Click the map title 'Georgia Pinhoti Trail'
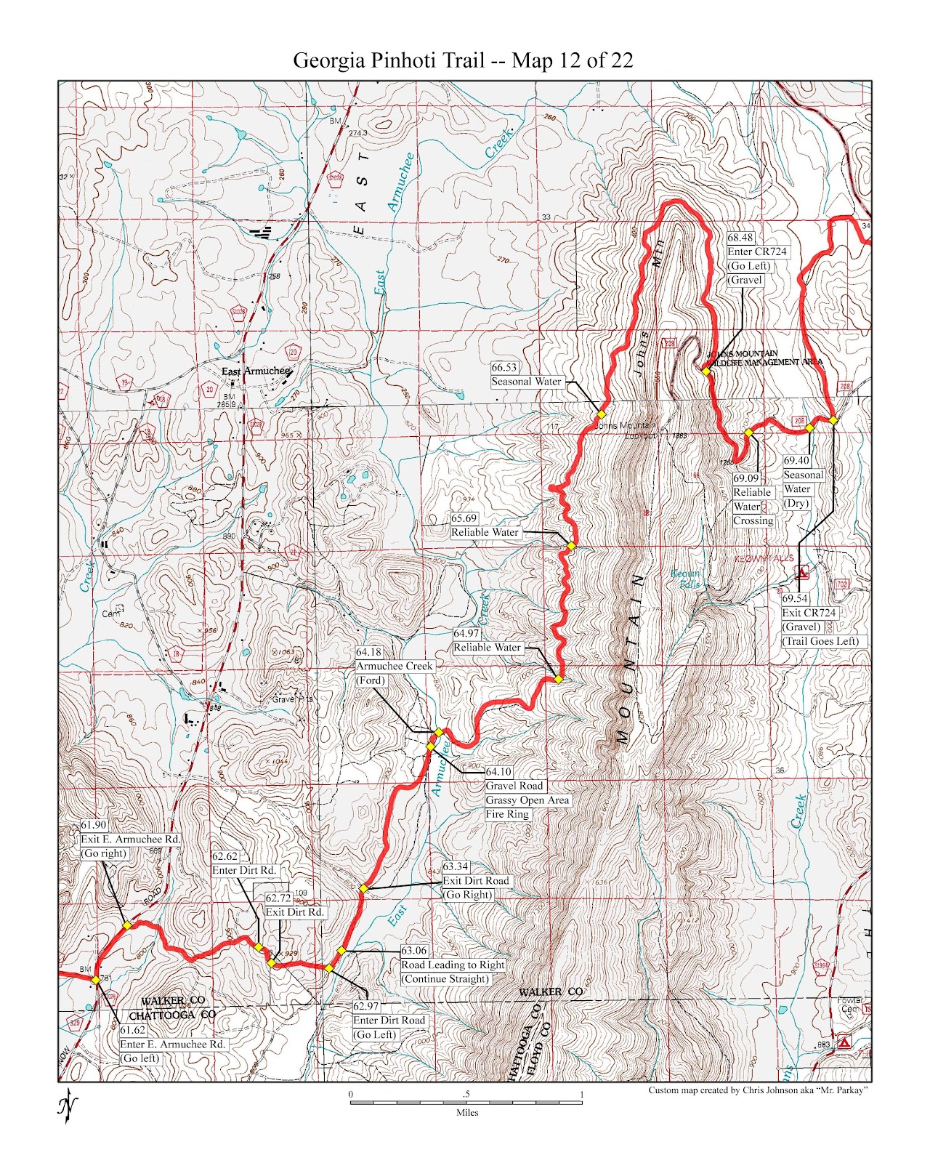click(x=388, y=60)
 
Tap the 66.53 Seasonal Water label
click(x=527, y=375)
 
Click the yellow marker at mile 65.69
click(x=571, y=546)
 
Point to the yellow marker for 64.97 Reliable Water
click(x=558, y=679)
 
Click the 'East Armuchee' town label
click(x=256, y=371)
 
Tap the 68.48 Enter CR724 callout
click(x=756, y=259)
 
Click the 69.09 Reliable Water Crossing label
click(x=753, y=499)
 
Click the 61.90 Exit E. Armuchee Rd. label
click(x=129, y=839)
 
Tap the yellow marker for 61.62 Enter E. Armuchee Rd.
click(x=95, y=980)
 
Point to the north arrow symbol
click(x=68, y=1106)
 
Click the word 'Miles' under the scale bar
click(x=466, y=1112)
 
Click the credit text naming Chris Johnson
click(x=759, y=1090)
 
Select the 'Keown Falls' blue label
click(x=686, y=579)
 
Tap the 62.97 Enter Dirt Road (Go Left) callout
click(x=389, y=1021)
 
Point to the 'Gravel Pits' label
click(x=293, y=699)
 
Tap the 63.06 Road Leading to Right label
click(x=452, y=965)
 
